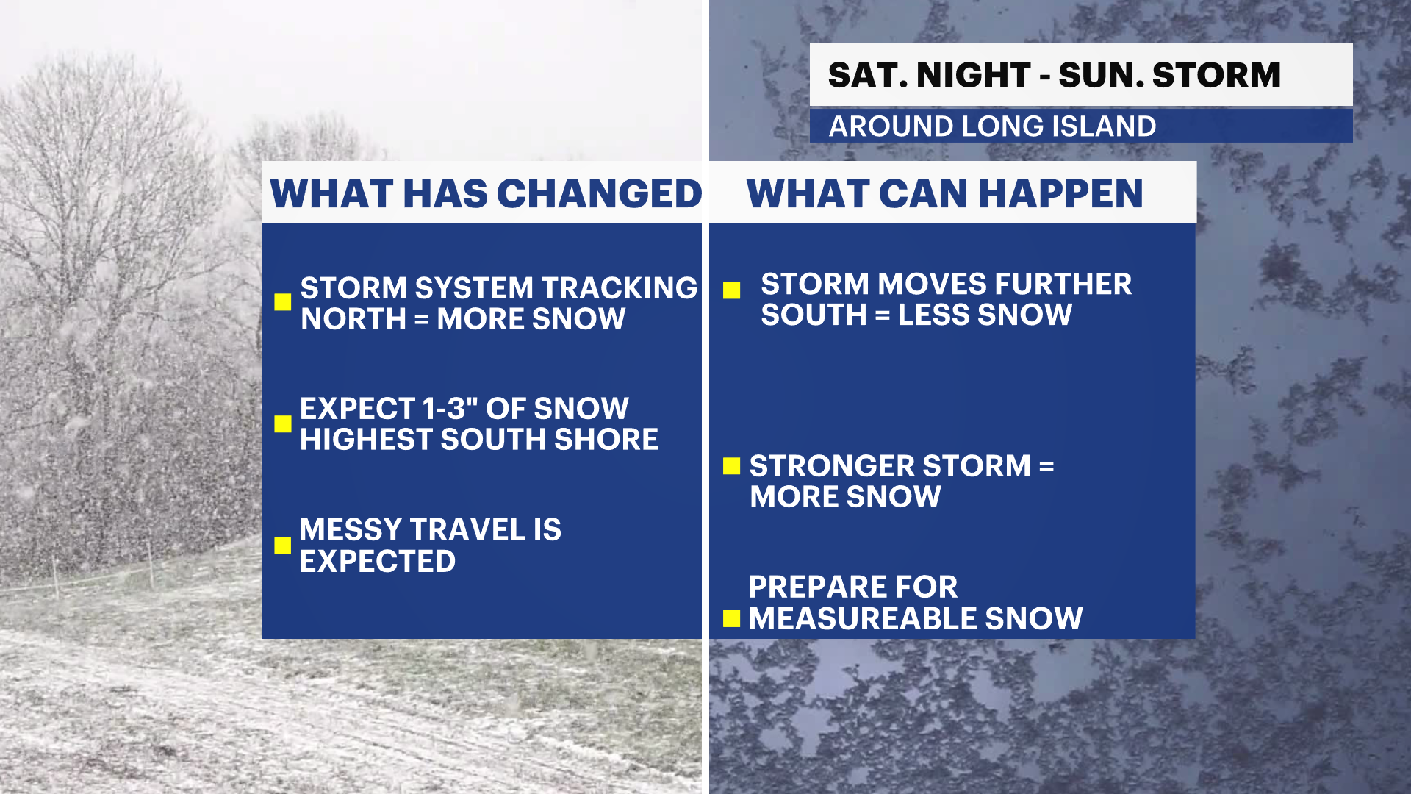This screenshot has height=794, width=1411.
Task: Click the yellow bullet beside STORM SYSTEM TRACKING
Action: pos(283,302)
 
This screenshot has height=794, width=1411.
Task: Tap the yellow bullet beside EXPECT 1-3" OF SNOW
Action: pos(283,424)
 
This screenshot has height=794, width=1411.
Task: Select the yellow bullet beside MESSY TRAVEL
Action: pos(283,545)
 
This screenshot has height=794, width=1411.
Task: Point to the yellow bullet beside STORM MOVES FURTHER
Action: pos(731,290)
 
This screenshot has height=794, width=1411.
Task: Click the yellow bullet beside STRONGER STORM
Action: pos(731,466)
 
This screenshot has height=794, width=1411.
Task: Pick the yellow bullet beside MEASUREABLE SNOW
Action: pos(731,619)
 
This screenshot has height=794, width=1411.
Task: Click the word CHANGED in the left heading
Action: pos(600,194)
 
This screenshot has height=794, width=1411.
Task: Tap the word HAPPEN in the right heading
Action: pos(1060,194)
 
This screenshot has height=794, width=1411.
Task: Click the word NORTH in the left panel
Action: pos(353,319)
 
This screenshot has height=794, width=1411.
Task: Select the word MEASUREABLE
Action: pos(862,619)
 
